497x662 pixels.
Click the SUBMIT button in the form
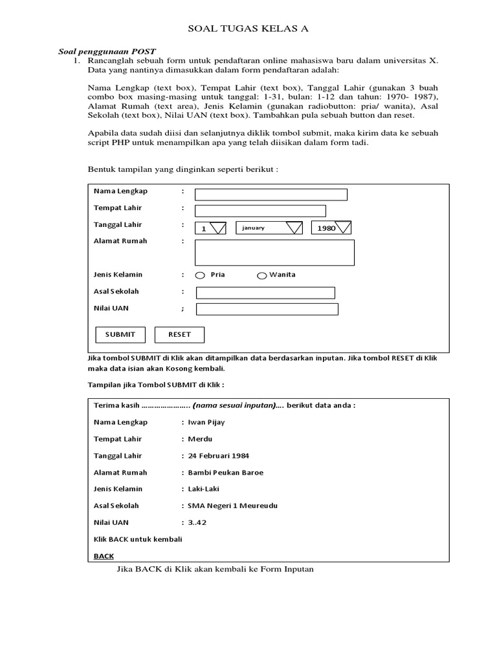(120, 334)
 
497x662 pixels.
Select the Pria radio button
(200, 275)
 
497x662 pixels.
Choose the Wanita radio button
(262, 275)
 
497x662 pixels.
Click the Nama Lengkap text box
(271, 195)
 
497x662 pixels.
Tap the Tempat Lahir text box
(260, 211)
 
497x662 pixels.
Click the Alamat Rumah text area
(274, 252)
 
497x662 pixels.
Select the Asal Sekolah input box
(265, 293)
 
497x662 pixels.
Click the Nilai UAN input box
(267, 309)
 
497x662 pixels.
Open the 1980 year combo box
(331, 228)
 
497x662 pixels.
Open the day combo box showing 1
(211, 228)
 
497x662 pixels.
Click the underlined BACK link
(104, 556)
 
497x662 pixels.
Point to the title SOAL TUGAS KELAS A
(248, 28)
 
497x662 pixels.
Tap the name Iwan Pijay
(206, 422)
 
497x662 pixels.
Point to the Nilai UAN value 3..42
(197, 522)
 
